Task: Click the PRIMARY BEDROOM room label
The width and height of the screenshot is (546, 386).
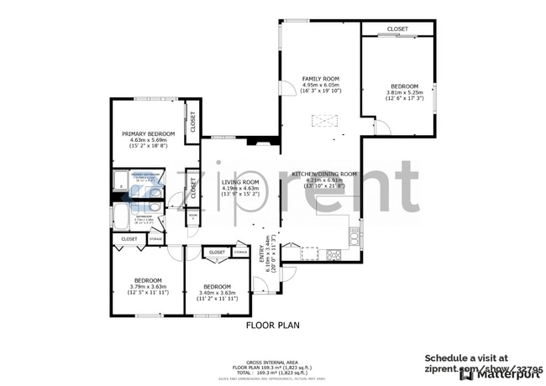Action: click(148, 134)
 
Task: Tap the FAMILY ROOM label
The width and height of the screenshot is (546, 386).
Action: click(319, 78)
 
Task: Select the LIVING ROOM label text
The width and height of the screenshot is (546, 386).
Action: click(239, 182)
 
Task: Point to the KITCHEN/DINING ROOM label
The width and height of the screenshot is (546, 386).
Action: click(324, 174)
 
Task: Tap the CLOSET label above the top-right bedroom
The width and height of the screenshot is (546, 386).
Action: click(397, 29)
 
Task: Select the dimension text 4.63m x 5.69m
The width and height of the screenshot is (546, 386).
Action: click(148, 140)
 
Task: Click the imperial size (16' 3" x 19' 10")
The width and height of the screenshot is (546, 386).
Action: click(319, 90)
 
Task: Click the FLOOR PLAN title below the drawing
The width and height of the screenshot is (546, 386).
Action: click(272, 324)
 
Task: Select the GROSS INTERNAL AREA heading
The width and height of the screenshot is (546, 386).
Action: click(272, 362)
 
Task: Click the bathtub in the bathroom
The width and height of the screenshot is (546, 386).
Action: click(121, 221)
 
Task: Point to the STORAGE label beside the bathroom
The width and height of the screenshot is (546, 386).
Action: click(155, 239)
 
